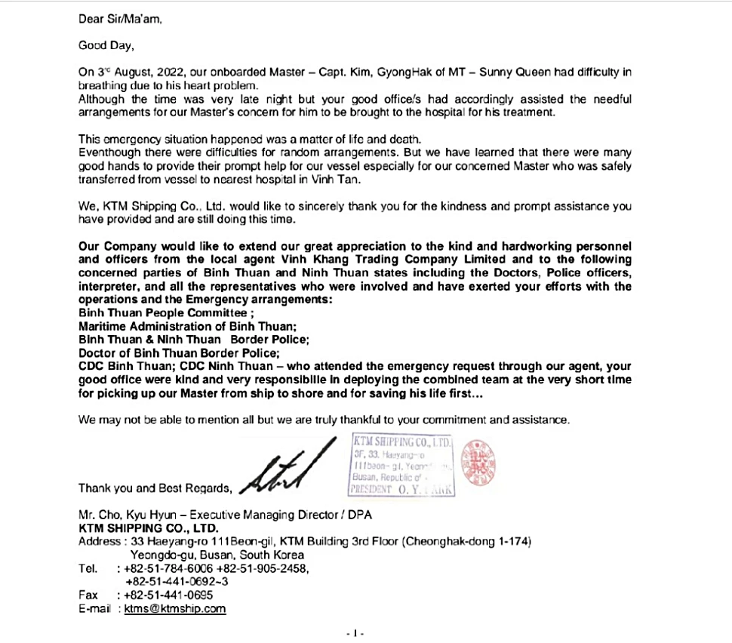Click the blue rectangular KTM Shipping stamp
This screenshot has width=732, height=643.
pos(401,466)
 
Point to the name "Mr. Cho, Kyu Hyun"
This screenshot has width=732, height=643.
pos(126,515)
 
